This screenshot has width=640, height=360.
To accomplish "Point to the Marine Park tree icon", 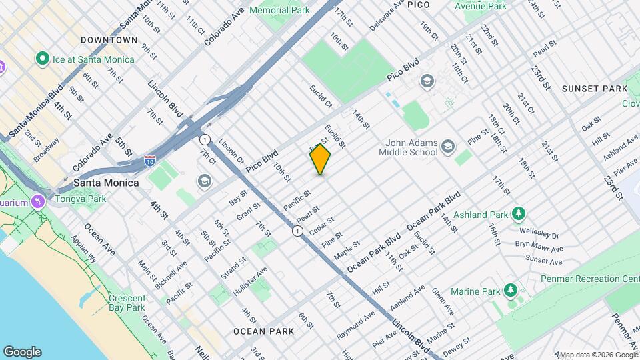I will tap(511, 291).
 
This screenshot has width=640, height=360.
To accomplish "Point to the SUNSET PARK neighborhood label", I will tap(594, 89).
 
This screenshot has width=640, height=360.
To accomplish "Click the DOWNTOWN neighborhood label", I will tap(109, 40).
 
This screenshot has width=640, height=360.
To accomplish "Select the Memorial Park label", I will tap(279, 11).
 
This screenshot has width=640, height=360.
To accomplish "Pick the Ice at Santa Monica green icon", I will tap(43, 59).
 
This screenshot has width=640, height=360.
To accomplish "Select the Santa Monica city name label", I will tap(106, 183).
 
